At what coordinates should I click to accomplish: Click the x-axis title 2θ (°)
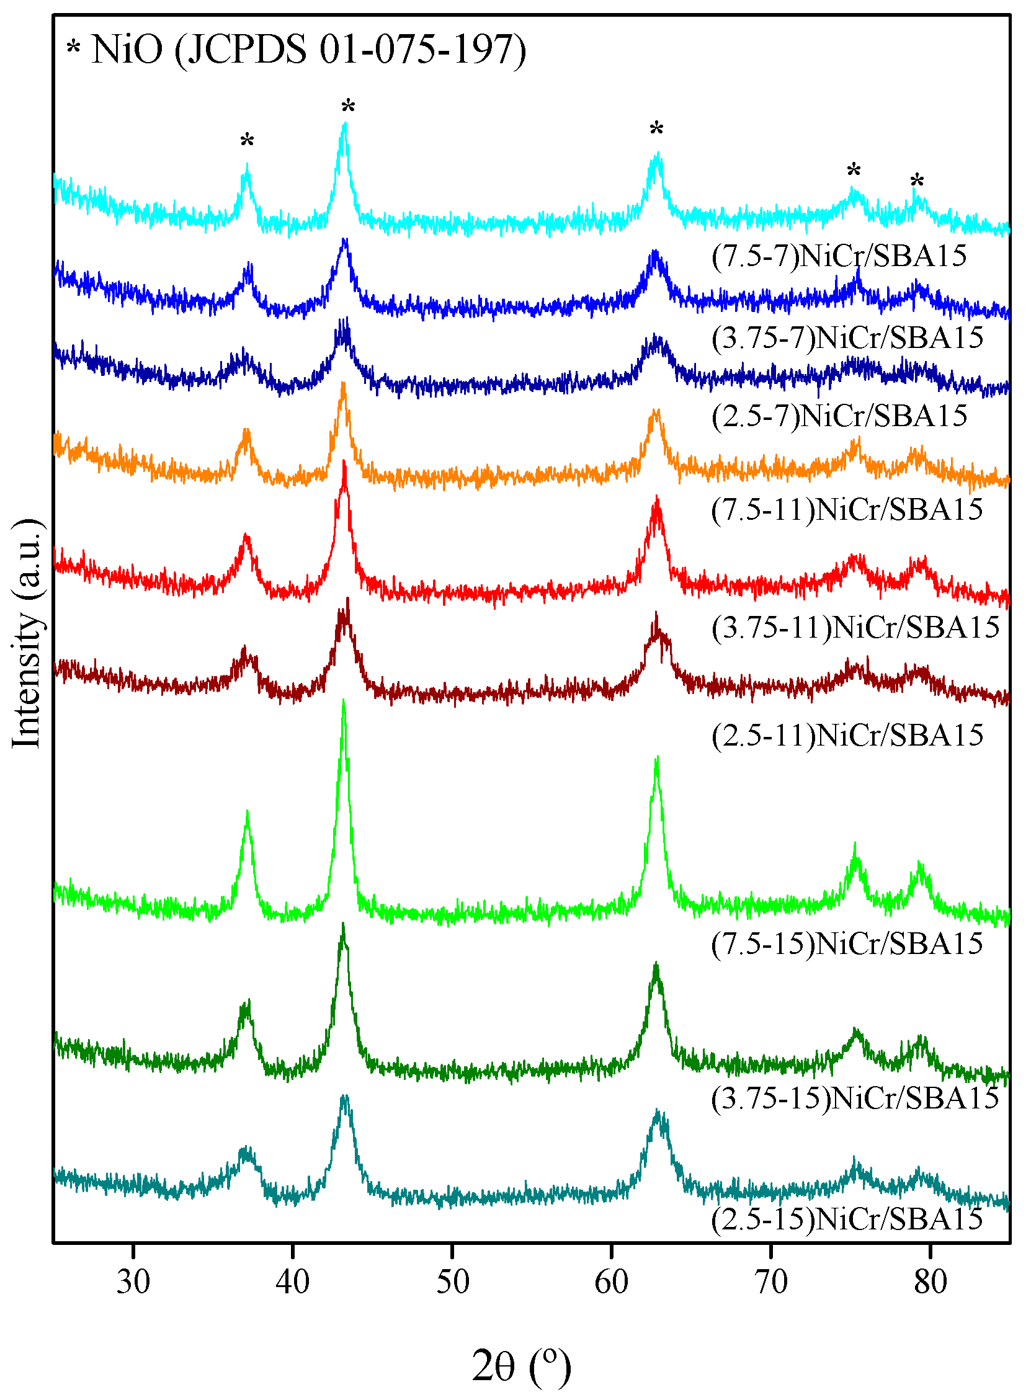coord(521,1366)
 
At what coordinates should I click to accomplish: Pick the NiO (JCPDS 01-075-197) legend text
coord(309,49)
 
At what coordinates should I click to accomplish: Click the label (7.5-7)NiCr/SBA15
coord(839,256)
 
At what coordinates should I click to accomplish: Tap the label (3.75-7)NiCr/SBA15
coord(847,337)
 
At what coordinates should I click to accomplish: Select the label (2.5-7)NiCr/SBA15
coord(839,416)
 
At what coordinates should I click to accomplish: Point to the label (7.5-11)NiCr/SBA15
coord(847,510)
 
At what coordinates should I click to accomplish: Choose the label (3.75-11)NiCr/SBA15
coord(855,627)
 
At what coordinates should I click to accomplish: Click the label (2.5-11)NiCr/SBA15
coord(847,735)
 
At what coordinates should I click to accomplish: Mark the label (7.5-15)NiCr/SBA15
coord(847,943)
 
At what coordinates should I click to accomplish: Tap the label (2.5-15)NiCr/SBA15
coord(847,1218)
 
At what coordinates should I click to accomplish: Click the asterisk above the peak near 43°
coord(348,107)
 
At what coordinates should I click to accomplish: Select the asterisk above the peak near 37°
coord(247,141)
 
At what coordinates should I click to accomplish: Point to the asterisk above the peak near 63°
coord(656,130)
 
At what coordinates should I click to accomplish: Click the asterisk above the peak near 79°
coord(917,182)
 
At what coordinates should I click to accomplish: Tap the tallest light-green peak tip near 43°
coord(343,703)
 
